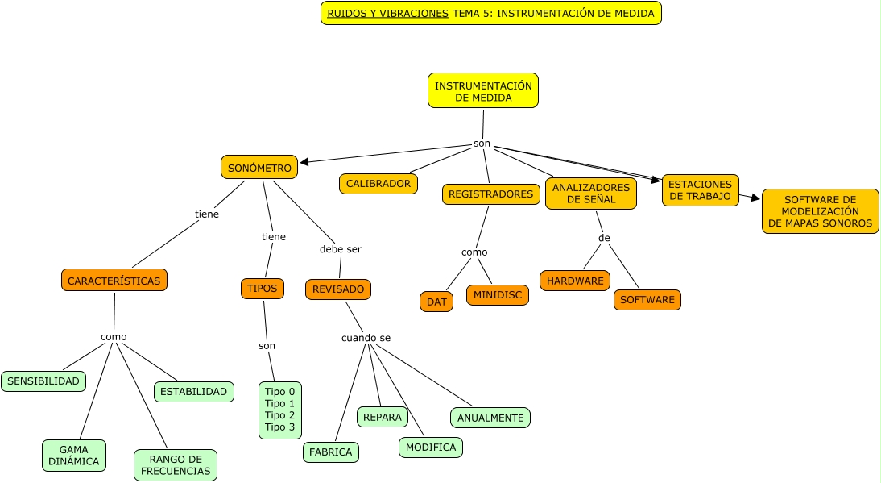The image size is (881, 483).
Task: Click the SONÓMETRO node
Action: pyautogui.click(x=259, y=167)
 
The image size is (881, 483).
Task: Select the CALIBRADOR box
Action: pyautogui.click(x=378, y=184)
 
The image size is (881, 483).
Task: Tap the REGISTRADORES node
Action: pyautogui.click(x=490, y=194)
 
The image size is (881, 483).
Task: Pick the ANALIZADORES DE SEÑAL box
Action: pyautogui.click(x=591, y=194)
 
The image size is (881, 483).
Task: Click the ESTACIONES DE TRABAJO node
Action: pyautogui.click(x=700, y=190)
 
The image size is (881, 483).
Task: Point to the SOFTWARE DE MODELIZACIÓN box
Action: pyautogui.click(x=820, y=211)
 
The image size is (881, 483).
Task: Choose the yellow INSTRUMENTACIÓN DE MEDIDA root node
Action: pyautogui.click(x=483, y=90)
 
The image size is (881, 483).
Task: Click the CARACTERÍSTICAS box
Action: pyautogui.click(x=114, y=280)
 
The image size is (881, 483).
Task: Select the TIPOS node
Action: pyautogui.click(x=263, y=288)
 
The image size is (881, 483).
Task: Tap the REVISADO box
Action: pyautogui.click(x=338, y=289)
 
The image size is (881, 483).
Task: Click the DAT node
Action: pyautogui.click(x=436, y=302)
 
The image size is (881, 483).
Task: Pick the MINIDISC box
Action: pyautogui.click(x=497, y=295)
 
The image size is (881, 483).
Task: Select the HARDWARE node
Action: pyautogui.click(x=575, y=281)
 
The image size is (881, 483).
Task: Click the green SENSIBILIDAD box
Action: pyautogui.click(x=43, y=381)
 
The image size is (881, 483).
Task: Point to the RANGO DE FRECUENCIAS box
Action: pyautogui.click(x=176, y=464)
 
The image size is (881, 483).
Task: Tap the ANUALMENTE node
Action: pyautogui.click(x=490, y=418)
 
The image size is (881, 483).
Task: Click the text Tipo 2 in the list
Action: pyautogui.click(x=280, y=415)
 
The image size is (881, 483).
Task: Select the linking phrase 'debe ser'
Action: pyautogui.click(x=341, y=249)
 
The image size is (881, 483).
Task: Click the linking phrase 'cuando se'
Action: pyautogui.click(x=366, y=338)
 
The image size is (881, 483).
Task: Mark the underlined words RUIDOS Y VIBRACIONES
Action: pyautogui.click(x=387, y=14)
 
